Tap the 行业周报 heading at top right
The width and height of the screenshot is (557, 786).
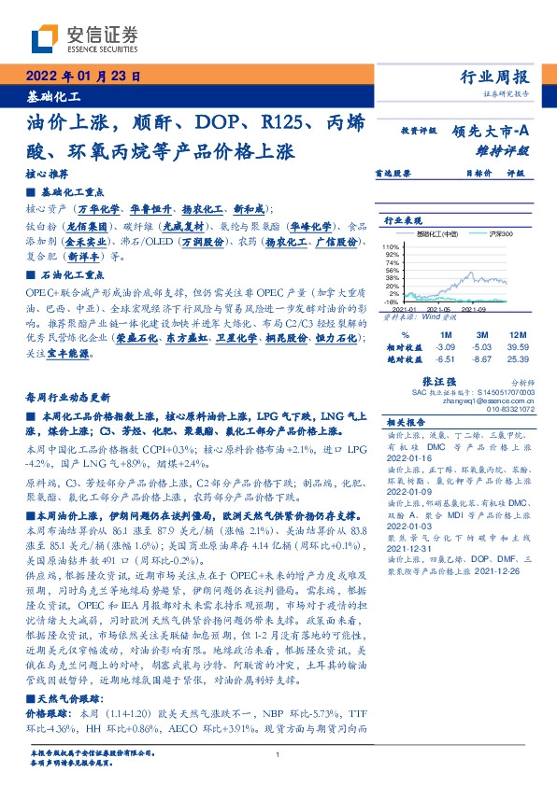[x=500, y=77]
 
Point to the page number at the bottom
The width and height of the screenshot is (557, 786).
[x=278, y=754]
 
